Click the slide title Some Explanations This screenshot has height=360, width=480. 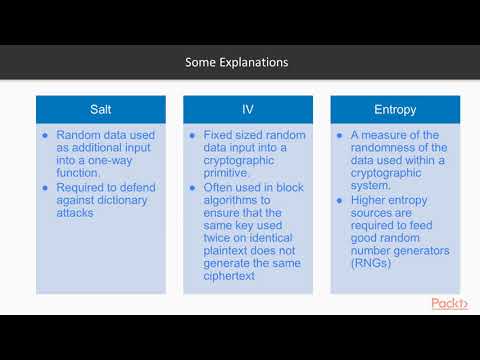coord(237,62)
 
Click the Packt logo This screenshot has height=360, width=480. coord(449,303)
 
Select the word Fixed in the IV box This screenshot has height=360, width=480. coord(220,135)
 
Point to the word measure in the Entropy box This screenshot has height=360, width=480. coord(394,135)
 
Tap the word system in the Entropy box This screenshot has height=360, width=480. coord(375,172)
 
